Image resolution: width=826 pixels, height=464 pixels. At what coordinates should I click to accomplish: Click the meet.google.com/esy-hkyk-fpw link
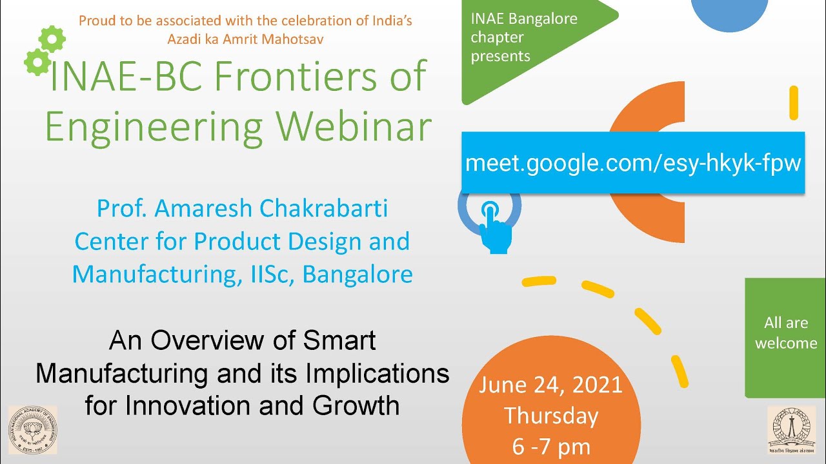tap(632, 162)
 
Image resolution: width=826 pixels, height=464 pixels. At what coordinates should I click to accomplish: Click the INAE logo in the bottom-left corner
tap(32, 430)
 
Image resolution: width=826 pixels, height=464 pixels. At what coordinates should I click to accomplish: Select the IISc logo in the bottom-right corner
tap(791, 430)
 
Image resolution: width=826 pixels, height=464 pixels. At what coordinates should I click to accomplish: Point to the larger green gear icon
tap(52, 39)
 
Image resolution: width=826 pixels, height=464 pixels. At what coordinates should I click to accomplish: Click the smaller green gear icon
tap(37, 63)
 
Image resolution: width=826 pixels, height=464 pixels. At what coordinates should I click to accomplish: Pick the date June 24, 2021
tap(550, 385)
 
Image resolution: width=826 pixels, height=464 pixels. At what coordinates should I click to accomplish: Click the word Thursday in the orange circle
tap(550, 416)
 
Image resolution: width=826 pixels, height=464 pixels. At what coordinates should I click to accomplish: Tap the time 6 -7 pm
tap(550, 447)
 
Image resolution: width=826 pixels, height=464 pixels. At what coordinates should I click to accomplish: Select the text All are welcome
tap(785, 333)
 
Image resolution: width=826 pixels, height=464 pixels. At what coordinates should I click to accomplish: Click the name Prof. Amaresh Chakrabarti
tap(242, 208)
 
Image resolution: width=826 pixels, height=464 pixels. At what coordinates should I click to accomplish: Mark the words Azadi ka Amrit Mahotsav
tap(245, 39)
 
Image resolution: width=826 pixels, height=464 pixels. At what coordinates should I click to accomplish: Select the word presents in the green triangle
tap(500, 56)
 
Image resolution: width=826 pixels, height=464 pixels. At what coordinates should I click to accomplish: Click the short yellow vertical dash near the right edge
tap(794, 102)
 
